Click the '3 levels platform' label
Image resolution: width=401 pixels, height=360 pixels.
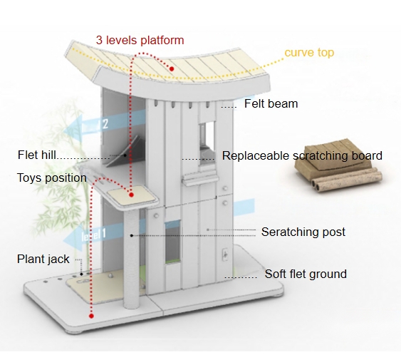(x=140, y=41)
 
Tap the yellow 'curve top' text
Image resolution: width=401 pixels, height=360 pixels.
(x=309, y=53)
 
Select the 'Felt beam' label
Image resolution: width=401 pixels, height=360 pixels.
(x=271, y=103)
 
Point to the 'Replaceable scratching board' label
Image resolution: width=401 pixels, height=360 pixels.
(x=302, y=155)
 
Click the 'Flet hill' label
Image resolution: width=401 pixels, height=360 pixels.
(x=36, y=155)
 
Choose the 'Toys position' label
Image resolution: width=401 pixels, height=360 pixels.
(x=52, y=178)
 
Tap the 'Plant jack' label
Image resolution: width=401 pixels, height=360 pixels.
(x=43, y=259)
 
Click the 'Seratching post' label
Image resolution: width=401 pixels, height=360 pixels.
(x=303, y=232)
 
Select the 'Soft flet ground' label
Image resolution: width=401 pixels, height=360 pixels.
(x=306, y=274)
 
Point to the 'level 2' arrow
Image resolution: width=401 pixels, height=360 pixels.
(x=103, y=125)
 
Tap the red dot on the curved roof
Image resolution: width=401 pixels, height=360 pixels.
(x=172, y=68)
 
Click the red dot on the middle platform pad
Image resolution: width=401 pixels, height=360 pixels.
(x=132, y=195)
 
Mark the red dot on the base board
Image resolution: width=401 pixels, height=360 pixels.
(x=91, y=316)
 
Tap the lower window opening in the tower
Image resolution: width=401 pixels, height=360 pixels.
(x=172, y=242)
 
